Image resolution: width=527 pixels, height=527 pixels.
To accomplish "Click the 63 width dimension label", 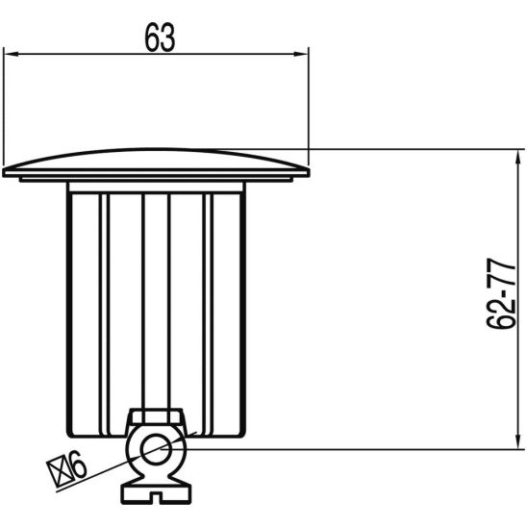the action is (x=160, y=38).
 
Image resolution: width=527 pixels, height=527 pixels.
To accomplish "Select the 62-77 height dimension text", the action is (x=501, y=293).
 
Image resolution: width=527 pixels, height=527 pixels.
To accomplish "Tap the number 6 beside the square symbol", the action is (x=78, y=464).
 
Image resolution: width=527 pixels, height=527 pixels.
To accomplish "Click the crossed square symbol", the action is (x=60, y=473).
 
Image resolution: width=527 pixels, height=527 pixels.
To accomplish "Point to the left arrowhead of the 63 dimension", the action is (x=11, y=54).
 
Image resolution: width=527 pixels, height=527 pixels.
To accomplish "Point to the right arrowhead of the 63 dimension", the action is (x=301, y=54).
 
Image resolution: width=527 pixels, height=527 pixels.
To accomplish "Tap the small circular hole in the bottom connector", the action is (x=156, y=449).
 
